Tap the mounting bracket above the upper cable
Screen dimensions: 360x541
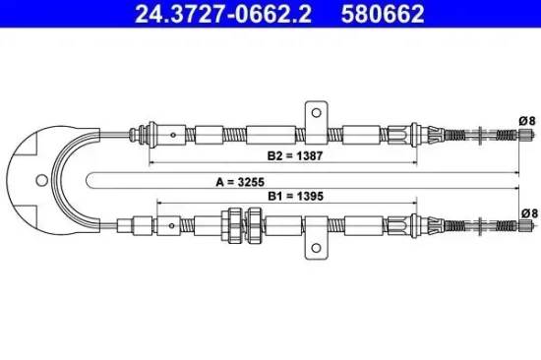(x=315, y=115)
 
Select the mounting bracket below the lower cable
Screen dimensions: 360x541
(x=315, y=243)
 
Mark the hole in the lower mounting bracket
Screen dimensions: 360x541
(x=315, y=250)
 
